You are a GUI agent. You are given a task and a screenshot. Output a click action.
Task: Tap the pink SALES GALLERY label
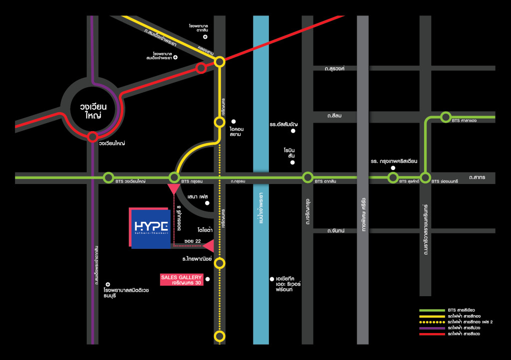pyautogui.click(x=181, y=280)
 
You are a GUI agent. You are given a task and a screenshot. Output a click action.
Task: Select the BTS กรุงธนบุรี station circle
pyautogui.click(x=174, y=177)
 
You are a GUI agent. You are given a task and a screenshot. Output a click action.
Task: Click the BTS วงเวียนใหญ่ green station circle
pyautogui.click(x=108, y=177)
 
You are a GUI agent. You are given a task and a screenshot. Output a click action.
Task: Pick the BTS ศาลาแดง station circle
pyautogui.click(x=446, y=117)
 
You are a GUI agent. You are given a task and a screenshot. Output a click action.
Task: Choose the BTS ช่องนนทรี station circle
pyautogui.click(x=425, y=177)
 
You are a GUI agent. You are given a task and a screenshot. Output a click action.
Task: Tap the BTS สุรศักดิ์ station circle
pyautogui.click(x=393, y=177)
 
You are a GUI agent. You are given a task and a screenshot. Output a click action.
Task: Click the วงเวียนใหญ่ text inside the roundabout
pyautogui.click(x=93, y=111)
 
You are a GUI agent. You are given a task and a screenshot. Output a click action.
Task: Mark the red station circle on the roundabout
pyautogui.click(x=92, y=137)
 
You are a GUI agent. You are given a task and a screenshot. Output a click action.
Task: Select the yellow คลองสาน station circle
pyautogui.click(x=220, y=61)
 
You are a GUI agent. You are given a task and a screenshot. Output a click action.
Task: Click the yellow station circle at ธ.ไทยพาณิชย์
pyautogui.click(x=220, y=263)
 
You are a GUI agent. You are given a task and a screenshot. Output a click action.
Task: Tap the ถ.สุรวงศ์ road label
pyautogui.click(x=334, y=69)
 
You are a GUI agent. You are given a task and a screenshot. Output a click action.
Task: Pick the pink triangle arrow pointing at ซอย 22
pyautogui.click(x=208, y=245)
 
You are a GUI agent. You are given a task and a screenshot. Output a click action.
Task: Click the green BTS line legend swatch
pyautogui.click(x=431, y=311)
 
